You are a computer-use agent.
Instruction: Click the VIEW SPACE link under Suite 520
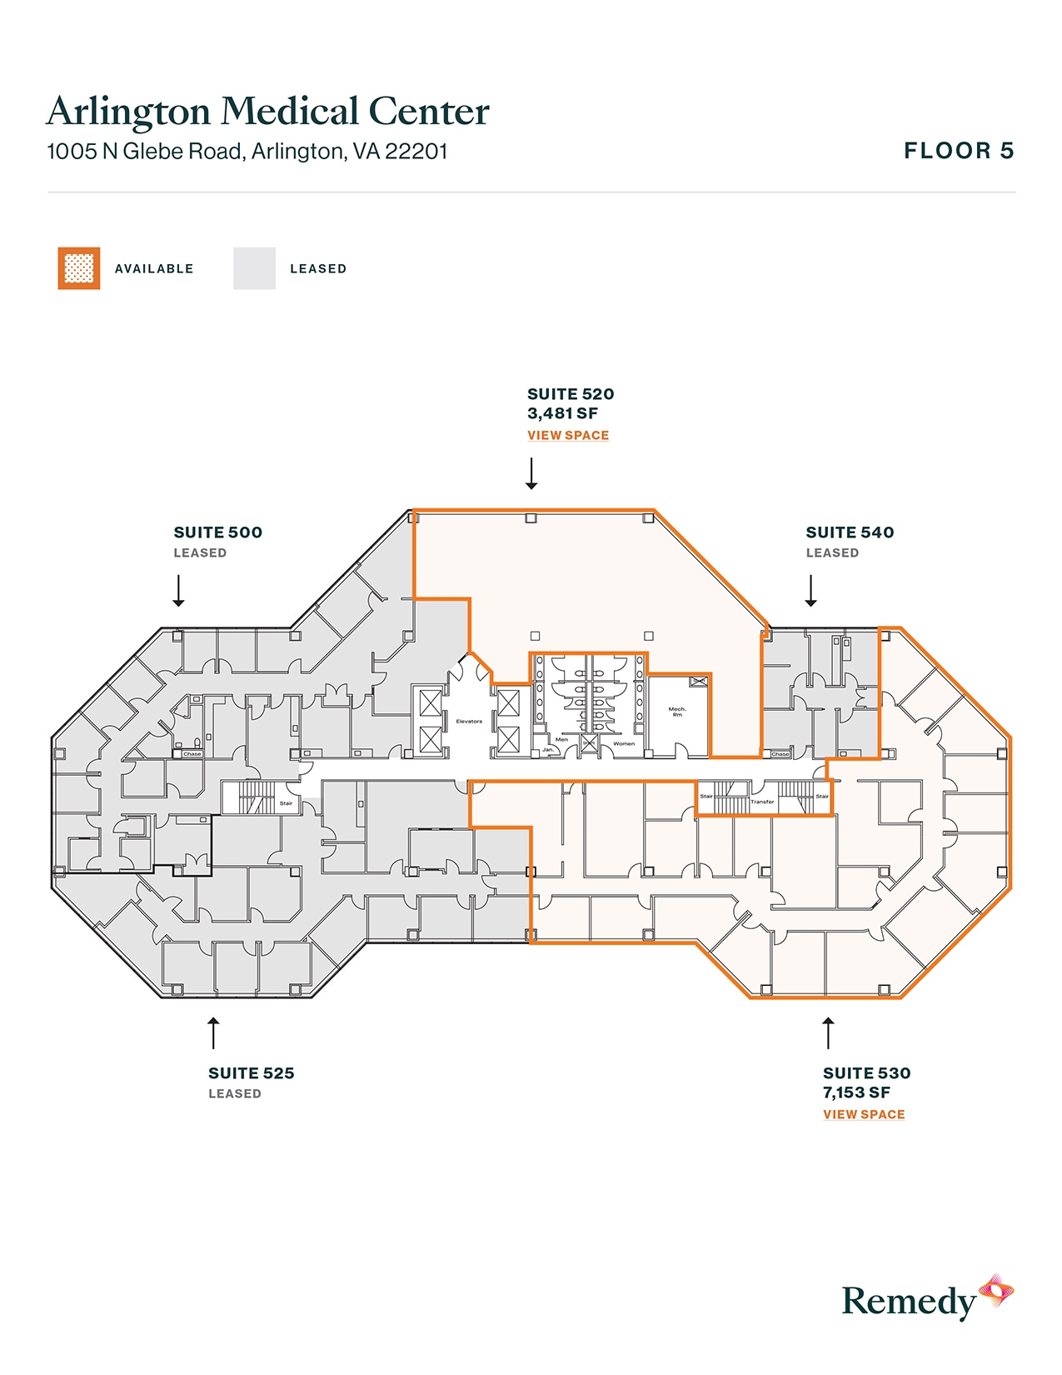[567, 435]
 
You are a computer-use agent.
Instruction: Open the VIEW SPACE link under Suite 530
[863, 1114]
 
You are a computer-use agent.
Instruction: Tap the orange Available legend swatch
[79, 268]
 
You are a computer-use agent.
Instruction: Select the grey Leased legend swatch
[254, 268]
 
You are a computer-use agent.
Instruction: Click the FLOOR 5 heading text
[959, 151]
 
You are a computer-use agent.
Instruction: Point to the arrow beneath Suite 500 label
[178, 590]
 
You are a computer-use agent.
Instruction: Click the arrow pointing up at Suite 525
[213, 1032]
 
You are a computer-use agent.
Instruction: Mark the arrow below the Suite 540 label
[810, 590]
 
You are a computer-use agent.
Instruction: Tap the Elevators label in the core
[469, 721]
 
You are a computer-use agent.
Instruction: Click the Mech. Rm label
[677, 712]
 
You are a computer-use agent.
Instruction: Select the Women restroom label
[624, 743]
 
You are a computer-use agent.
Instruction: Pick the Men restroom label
[561, 739]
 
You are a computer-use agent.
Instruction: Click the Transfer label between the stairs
[762, 802]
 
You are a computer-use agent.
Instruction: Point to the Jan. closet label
[548, 749]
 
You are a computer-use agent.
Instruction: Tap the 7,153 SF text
[856, 1092]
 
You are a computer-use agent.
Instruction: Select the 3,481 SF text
[562, 413]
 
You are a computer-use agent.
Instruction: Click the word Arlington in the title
[129, 112]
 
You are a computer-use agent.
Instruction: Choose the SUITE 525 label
[251, 1073]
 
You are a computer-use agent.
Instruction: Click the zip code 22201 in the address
[416, 152]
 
